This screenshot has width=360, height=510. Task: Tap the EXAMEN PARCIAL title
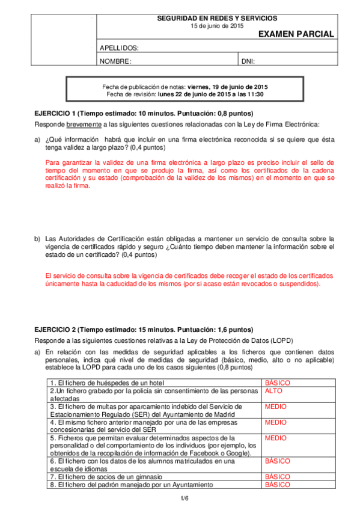296,35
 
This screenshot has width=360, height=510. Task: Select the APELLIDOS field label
119,48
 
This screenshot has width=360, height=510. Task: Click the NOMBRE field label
115,61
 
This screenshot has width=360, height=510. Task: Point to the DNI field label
248,61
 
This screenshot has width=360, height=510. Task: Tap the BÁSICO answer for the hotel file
278,382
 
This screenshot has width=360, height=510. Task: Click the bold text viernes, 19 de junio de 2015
227,87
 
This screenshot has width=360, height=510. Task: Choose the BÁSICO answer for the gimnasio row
278,476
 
